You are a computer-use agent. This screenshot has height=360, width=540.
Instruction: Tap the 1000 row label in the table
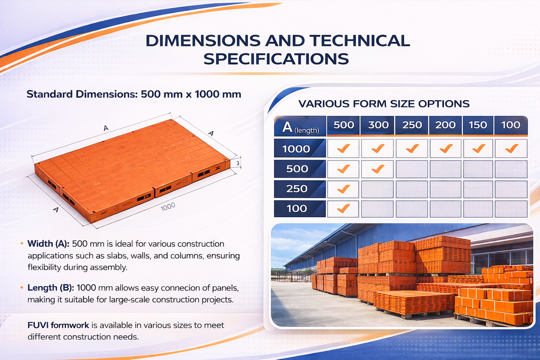(x=296, y=149)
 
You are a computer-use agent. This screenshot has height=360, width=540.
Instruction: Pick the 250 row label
(x=296, y=189)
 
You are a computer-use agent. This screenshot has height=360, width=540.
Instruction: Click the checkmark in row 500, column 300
(x=378, y=169)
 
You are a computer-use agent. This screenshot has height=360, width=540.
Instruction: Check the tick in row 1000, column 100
(x=512, y=148)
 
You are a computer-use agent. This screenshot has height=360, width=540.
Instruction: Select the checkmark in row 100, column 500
(x=343, y=209)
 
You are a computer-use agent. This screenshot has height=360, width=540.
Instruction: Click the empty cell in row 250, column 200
(x=445, y=189)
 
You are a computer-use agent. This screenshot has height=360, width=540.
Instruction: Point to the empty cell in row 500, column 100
(x=511, y=169)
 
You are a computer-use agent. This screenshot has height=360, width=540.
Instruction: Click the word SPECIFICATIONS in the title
(x=276, y=59)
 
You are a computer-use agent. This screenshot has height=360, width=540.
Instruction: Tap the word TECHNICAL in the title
(x=360, y=41)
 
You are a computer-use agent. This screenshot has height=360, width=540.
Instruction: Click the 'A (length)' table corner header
(x=300, y=127)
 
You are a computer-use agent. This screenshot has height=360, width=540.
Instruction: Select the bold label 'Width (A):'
(x=48, y=244)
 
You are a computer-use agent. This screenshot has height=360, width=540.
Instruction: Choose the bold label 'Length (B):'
(x=51, y=288)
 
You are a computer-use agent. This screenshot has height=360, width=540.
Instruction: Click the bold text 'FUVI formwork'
(x=58, y=325)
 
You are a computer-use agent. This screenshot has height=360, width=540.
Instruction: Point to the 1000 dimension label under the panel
(x=168, y=207)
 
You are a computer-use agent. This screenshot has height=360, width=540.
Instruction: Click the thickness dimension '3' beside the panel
(x=238, y=163)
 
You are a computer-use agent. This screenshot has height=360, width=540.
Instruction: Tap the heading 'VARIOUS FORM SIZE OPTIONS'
(x=384, y=104)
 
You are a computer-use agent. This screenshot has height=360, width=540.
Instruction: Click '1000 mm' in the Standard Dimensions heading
(x=218, y=94)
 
